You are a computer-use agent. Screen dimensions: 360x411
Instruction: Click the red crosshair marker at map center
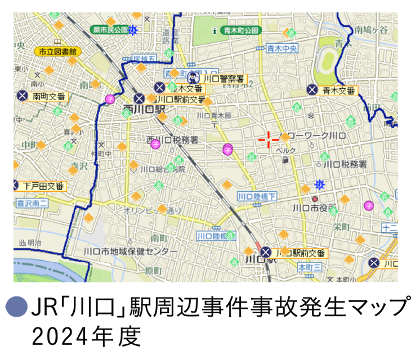pyautogui.click(x=269, y=139)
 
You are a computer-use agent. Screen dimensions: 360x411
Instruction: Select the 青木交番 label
pyautogui.click(x=339, y=90)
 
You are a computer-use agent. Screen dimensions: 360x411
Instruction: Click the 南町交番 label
pyautogui.click(x=49, y=96)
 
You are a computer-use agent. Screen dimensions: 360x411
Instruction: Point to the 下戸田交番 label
pyautogui.click(x=44, y=185)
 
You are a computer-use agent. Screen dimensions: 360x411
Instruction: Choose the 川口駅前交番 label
pyautogui.click(x=301, y=253)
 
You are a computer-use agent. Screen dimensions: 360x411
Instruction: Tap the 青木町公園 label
pyautogui.click(x=240, y=29)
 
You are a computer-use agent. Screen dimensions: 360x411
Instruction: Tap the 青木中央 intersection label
pyautogui.click(x=282, y=48)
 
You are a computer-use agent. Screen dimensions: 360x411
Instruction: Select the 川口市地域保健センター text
pyautogui.click(x=131, y=251)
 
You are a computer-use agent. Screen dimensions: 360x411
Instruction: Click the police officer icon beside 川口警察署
pyautogui.click(x=193, y=78)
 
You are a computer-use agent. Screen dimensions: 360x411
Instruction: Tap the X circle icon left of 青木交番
pyautogui.click(x=312, y=90)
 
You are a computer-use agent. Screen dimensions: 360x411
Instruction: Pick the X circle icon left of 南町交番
pyautogui.click(x=22, y=96)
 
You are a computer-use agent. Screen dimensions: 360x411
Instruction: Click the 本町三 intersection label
pyautogui.click(x=309, y=266)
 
